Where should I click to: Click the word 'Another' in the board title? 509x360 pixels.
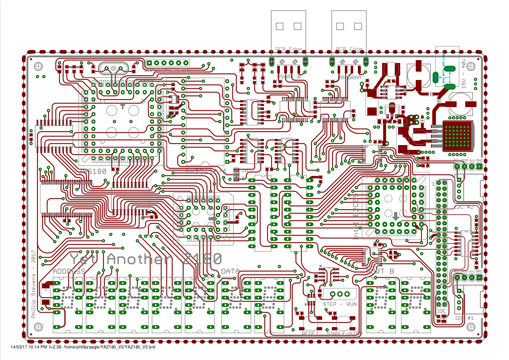click(138, 259)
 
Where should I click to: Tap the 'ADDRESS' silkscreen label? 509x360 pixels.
click(69, 271)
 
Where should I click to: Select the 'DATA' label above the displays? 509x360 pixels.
click(230, 271)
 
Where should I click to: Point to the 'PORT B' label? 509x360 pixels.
click(380, 271)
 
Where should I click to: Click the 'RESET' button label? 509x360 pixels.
click(310, 333)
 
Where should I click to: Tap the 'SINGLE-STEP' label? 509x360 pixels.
click(344, 333)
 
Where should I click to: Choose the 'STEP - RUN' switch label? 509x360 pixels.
click(340, 304)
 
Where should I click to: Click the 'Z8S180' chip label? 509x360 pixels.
click(93, 171)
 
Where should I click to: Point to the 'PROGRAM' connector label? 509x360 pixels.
click(350, 77)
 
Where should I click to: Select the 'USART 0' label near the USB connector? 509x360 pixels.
click(289, 77)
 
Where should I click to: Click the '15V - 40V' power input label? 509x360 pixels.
click(464, 74)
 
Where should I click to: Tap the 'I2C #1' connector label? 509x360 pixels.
click(464, 318)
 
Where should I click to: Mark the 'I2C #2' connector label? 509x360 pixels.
click(464, 207)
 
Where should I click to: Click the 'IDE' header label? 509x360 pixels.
click(441, 311)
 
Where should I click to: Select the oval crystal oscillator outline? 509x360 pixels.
click(113, 68)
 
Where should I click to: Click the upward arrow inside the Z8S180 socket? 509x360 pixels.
click(123, 106)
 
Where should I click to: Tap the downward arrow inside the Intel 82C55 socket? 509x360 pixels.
click(395, 216)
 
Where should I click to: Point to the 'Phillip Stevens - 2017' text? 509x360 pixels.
click(33, 284)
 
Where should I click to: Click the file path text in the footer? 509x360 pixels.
click(110, 347)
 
